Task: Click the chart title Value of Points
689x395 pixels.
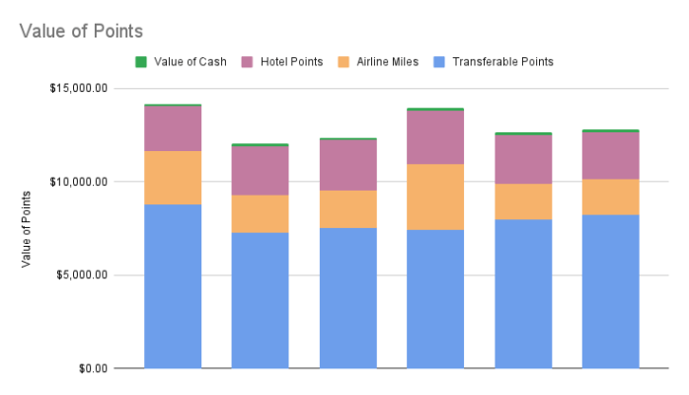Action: click(x=81, y=32)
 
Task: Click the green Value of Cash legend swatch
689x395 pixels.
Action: click(x=140, y=61)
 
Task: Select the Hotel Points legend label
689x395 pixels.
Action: click(x=291, y=61)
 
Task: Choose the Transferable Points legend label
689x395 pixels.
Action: click(x=502, y=61)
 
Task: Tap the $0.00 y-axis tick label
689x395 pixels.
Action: click(x=93, y=368)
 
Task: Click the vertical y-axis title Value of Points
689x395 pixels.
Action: click(x=26, y=228)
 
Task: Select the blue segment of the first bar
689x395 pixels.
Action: click(x=173, y=286)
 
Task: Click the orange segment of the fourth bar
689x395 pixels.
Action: click(x=435, y=197)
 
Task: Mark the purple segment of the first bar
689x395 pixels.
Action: click(x=173, y=128)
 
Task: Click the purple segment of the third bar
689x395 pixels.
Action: click(x=347, y=165)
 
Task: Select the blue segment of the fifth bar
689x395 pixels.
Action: click(x=523, y=293)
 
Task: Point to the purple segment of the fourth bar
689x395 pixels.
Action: click(x=435, y=137)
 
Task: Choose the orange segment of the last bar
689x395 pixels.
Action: click(x=610, y=197)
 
